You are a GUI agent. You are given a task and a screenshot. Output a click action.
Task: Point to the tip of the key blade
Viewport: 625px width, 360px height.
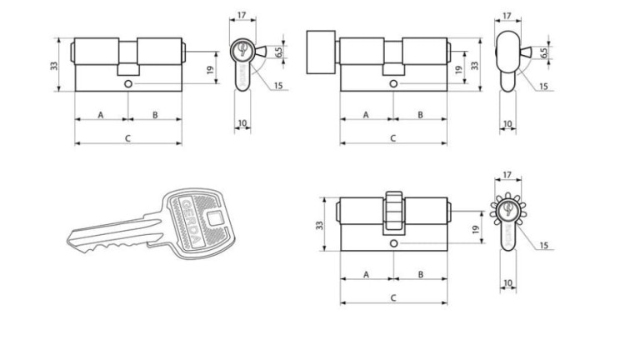click(67, 239)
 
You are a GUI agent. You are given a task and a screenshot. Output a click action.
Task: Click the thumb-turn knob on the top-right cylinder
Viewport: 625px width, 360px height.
click(321, 52)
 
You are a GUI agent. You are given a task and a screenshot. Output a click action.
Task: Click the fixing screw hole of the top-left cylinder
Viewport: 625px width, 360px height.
click(128, 83)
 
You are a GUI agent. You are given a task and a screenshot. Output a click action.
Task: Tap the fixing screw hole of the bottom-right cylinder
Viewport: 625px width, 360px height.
click(394, 243)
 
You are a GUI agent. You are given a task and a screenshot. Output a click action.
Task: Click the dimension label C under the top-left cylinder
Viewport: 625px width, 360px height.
click(128, 138)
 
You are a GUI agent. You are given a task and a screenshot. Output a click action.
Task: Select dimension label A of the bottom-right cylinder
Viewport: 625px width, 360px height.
click(367, 275)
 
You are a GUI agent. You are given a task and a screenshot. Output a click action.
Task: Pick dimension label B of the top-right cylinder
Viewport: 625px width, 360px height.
click(421, 115)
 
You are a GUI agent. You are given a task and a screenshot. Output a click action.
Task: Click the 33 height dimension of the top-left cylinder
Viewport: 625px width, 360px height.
click(54, 65)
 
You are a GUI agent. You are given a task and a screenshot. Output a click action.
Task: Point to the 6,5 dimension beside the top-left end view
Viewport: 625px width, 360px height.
click(278, 52)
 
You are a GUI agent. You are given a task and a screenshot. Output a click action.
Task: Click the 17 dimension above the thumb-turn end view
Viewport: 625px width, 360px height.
click(507, 16)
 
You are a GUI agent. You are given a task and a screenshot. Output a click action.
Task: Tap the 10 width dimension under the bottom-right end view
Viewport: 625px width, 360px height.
click(507, 283)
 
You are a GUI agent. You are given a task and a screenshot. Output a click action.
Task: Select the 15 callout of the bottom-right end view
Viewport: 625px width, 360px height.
click(544, 245)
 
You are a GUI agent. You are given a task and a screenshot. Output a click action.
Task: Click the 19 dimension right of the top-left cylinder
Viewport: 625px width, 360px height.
click(211, 69)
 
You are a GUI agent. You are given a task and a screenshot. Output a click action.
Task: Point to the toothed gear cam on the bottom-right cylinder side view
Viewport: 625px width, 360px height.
click(393, 211)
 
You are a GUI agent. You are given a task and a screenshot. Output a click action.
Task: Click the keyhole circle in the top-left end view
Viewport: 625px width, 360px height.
click(242, 49)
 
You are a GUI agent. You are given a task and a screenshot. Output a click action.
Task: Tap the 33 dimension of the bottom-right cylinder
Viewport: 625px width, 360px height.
click(319, 225)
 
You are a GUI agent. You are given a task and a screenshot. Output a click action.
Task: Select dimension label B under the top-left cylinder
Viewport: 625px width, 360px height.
click(155, 115)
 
